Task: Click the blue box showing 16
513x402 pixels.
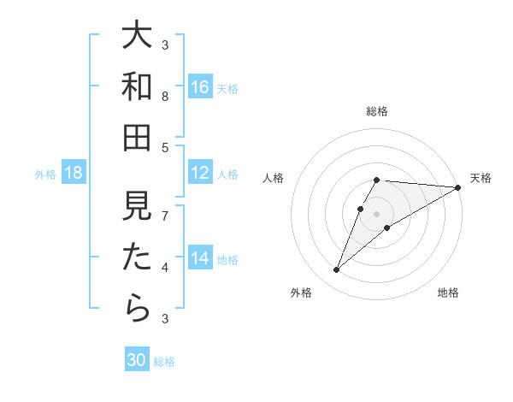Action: (x=200, y=86)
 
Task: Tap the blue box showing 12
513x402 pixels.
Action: (x=200, y=173)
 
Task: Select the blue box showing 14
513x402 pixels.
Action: (x=200, y=258)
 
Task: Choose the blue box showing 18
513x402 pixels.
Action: (x=74, y=173)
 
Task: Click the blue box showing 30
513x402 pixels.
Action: (x=137, y=360)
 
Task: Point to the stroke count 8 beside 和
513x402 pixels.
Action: (x=165, y=96)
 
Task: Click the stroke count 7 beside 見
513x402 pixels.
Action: (x=165, y=216)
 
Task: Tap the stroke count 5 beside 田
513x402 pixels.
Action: (x=165, y=147)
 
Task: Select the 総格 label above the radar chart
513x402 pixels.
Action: (x=377, y=111)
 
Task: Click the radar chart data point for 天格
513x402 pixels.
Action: (x=458, y=187)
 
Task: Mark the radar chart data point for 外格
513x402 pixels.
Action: (x=336, y=270)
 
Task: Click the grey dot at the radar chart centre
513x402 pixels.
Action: (x=377, y=213)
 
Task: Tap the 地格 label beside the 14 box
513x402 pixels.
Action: (x=228, y=259)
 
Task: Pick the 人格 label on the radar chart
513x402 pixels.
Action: (x=273, y=178)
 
